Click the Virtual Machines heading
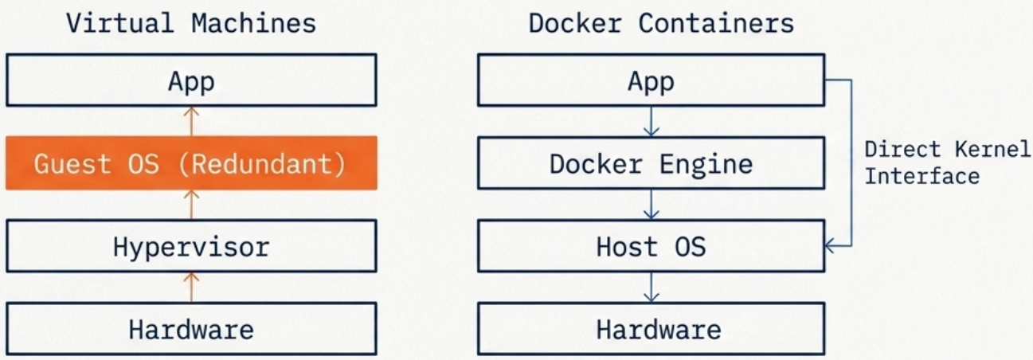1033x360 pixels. pos(191,23)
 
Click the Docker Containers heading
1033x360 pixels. pos(661,23)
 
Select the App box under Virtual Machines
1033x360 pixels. pos(191,80)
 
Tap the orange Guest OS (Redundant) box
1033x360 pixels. pos(191,163)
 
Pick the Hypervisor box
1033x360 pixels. pos(191,246)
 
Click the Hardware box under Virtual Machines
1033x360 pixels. pos(191,329)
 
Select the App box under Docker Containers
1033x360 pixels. pos(651,80)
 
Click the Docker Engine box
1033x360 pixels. pos(651,163)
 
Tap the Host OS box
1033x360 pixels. pos(651,246)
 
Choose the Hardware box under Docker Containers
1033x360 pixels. pos(651,329)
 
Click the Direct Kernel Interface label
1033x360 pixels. pos(946,162)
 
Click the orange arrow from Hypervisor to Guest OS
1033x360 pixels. pos(191,204)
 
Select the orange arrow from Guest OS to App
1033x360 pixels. pos(191,121)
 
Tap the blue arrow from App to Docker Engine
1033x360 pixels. pos(651,121)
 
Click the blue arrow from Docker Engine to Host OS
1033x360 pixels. pos(651,204)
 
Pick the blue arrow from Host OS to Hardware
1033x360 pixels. pos(651,287)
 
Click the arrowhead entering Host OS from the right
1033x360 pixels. pos(831,246)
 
